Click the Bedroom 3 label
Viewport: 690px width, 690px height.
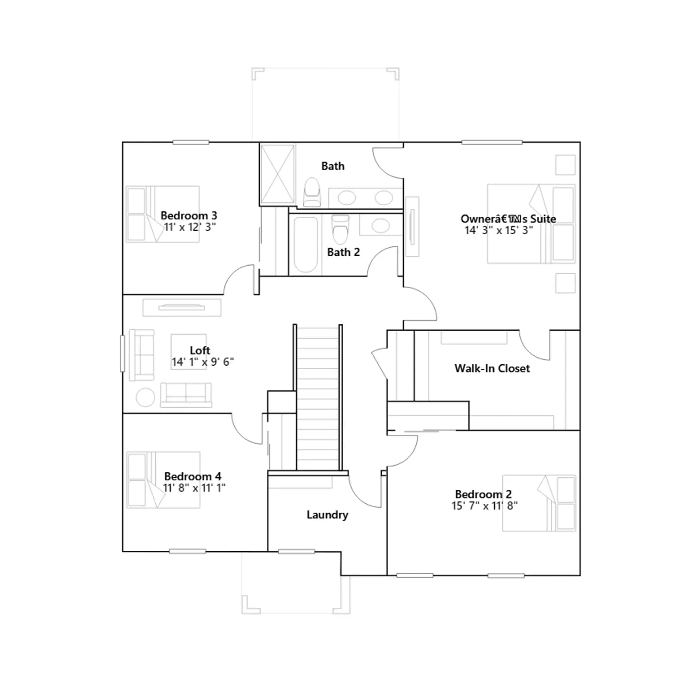(x=189, y=216)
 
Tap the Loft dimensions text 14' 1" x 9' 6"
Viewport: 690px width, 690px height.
(x=203, y=362)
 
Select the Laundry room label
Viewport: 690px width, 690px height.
(x=327, y=515)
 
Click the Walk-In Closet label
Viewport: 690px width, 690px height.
(x=492, y=368)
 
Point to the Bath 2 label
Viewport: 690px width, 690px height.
(x=343, y=252)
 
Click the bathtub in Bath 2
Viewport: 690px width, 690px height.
(x=306, y=245)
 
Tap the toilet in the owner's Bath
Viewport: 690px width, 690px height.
(x=312, y=192)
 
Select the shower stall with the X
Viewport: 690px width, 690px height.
(x=278, y=174)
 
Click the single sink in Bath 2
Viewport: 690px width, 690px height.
(x=380, y=225)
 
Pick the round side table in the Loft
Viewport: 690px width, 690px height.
(x=146, y=397)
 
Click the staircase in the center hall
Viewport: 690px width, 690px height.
(x=318, y=397)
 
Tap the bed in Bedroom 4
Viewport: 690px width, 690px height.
(x=163, y=480)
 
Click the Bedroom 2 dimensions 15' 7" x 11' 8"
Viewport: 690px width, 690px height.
(x=485, y=506)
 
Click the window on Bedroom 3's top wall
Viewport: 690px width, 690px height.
(x=191, y=142)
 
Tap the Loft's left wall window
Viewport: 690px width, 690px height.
(x=122, y=353)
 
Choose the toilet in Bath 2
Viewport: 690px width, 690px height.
(x=340, y=229)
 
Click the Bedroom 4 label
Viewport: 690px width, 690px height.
(x=193, y=477)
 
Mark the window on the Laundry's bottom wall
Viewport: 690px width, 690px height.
(x=296, y=552)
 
